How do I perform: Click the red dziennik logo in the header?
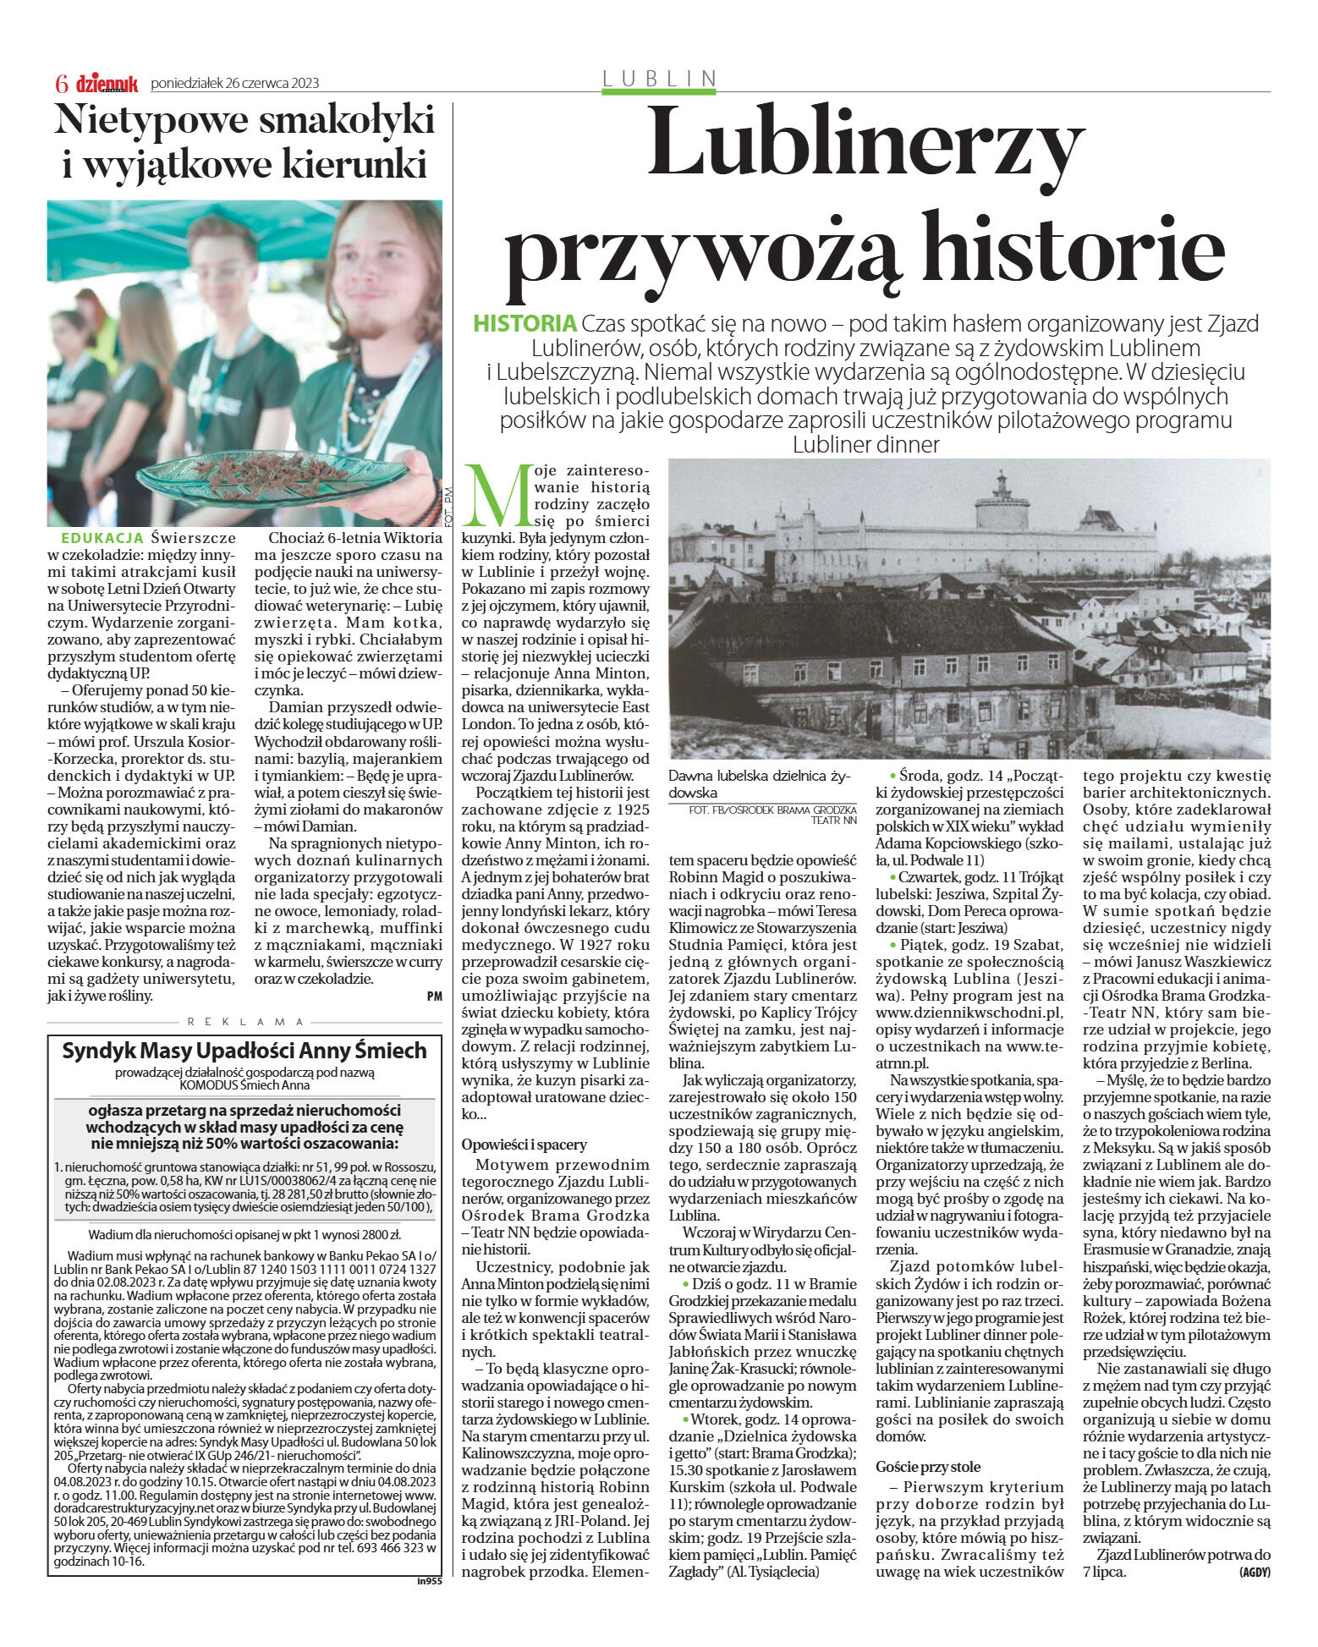(x=107, y=83)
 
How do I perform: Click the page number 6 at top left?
(x=61, y=83)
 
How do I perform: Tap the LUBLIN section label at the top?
(x=659, y=79)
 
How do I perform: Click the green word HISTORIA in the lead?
(x=524, y=324)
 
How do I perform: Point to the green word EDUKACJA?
(x=102, y=538)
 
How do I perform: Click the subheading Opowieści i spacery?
(x=524, y=1144)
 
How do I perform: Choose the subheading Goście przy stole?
(x=928, y=1465)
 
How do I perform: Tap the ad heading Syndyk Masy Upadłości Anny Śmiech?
(x=244, y=1051)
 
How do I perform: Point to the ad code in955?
(x=429, y=1579)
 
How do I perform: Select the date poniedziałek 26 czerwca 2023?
(x=234, y=83)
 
